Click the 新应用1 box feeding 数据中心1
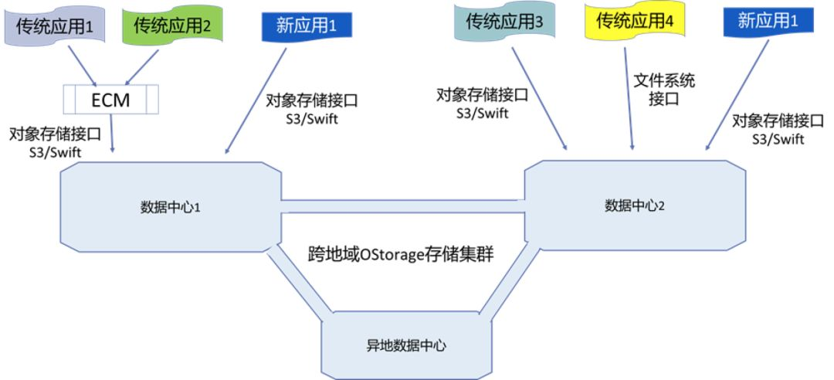pyautogui.click(x=307, y=25)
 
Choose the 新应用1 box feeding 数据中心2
pyautogui.click(x=768, y=22)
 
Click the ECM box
pyautogui.click(x=111, y=100)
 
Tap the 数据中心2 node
pyautogui.click(x=635, y=205)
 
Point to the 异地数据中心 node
pyautogui.click(x=405, y=344)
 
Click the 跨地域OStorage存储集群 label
pyautogui.click(x=405, y=256)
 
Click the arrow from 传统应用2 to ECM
pyautogui.click(x=142, y=66)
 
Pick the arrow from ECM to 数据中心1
pyautogui.click(x=113, y=132)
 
